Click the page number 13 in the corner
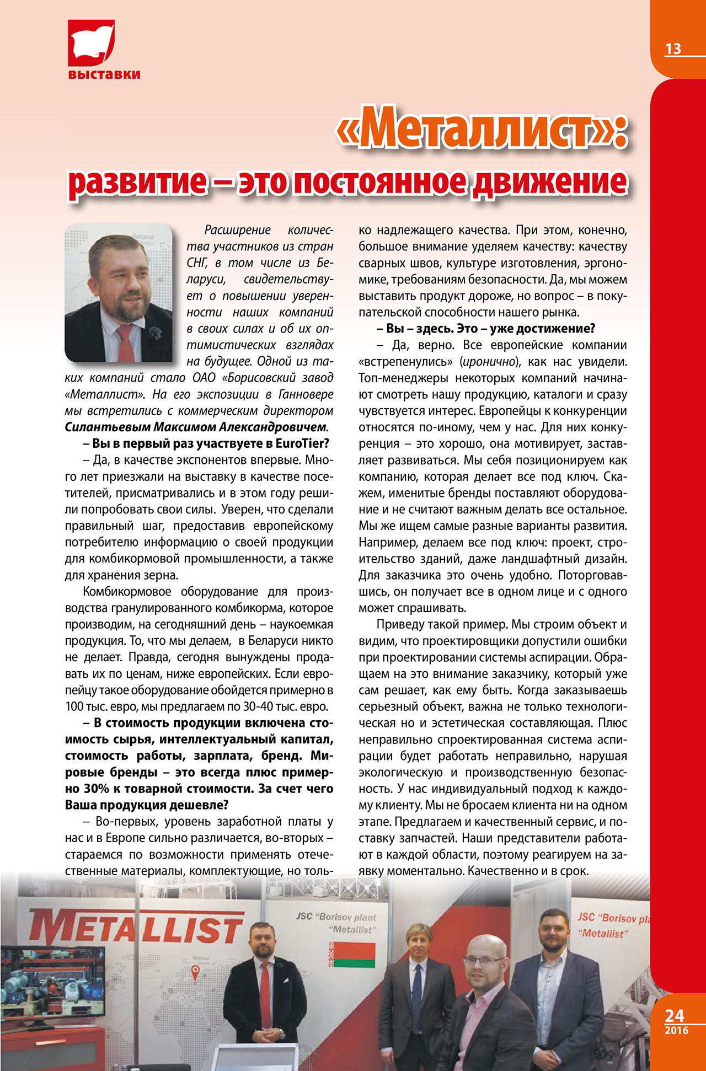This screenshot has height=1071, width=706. pyautogui.click(x=673, y=49)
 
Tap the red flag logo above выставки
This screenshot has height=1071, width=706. pyautogui.click(x=91, y=42)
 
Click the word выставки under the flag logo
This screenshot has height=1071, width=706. pyautogui.click(x=104, y=74)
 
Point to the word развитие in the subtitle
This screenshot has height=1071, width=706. pyautogui.click(x=137, y=182)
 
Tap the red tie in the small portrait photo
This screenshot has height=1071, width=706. pyautogui.click(x=126, y=342)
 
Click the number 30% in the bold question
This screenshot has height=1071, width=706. pyautogui.click(x=97, y=789)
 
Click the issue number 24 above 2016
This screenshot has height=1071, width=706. pyautogui.click(x=674, y=1015)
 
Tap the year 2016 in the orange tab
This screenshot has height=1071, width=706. pyautogui.click(x=676, y=1030)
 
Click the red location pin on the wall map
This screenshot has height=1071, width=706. pyautogui.click(x=195, y=972)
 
